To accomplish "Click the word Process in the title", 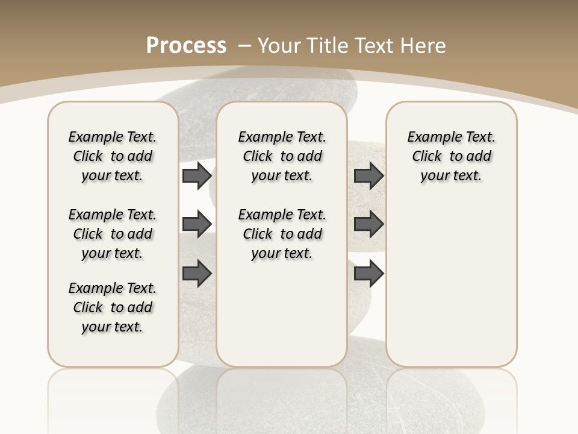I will (x=186, y=45).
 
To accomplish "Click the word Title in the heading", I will (x=329, y=45).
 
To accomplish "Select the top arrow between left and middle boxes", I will (x=197, y=176).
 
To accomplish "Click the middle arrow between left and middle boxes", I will (x=197, y=224).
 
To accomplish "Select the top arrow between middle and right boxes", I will (x=368, y=176).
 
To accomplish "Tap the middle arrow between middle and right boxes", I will (x=368, y=224).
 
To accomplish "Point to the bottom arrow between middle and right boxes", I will (x=368, y=274).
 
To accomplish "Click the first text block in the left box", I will (x=113, y=156).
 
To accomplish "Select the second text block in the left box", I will (x=113, y=234).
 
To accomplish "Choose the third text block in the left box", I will (x=113, y=307).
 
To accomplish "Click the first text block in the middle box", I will (x=282, y=156).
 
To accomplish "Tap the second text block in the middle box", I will (x=282, y=234).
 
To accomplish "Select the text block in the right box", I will (x=451, y=156).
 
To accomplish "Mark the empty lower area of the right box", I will (x=451, y=283).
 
